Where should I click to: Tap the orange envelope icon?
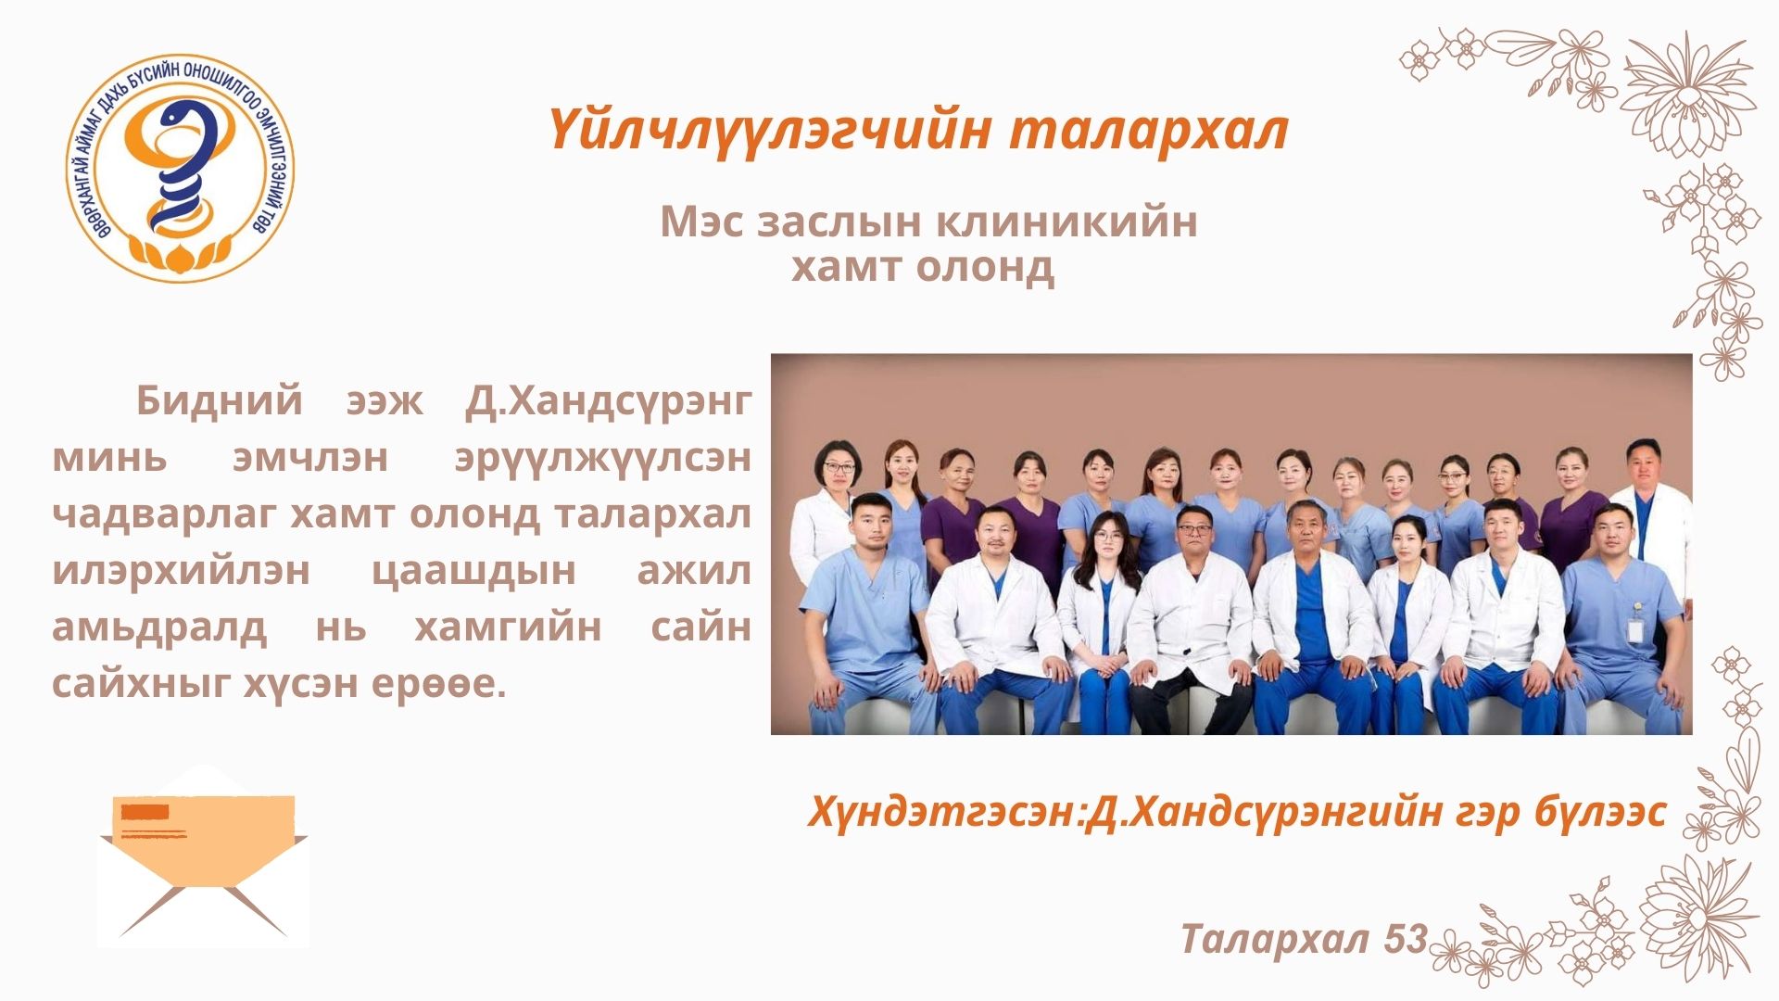[x=204, y=856]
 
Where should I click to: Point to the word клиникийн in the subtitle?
[x=1066, y=222]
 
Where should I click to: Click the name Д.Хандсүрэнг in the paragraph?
[x=608, y=401]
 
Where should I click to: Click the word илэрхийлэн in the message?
[x=181, y=571]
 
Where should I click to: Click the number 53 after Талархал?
[x=1406, y=940]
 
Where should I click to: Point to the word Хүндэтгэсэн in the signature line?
[x=943, y=813]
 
